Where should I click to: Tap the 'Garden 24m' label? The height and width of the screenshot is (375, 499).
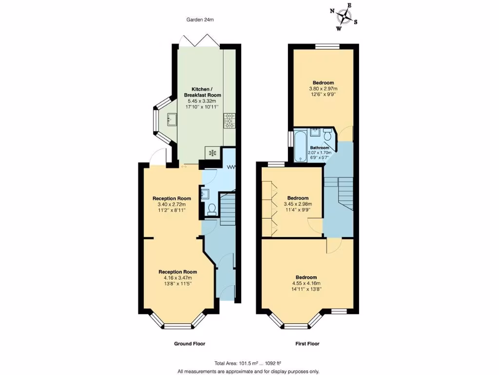(x=200, y=20)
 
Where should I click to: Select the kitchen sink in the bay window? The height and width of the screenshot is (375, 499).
(x=171, y=118)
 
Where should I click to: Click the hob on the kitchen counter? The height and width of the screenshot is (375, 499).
(x=229, y=120)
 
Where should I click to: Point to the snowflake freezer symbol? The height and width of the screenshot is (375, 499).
(x=212, y=153)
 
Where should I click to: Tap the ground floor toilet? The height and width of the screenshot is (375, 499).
(x=212, y=209)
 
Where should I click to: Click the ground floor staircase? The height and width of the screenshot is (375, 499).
(x=228, y=208)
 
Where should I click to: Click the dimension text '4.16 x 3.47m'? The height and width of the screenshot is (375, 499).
(x=177, y=278)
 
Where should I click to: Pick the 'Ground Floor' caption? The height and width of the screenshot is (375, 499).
(x=190, y=344)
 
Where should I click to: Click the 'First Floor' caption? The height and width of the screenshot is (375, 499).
(x=307, y=344)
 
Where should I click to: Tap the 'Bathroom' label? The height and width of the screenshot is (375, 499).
(x=320, y=147)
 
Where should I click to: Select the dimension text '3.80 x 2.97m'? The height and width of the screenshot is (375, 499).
(x=323, y=88)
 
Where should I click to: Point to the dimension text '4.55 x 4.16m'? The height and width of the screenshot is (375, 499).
(x=307, y=283)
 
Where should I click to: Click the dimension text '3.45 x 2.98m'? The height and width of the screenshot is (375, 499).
(x=297, y=204)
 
